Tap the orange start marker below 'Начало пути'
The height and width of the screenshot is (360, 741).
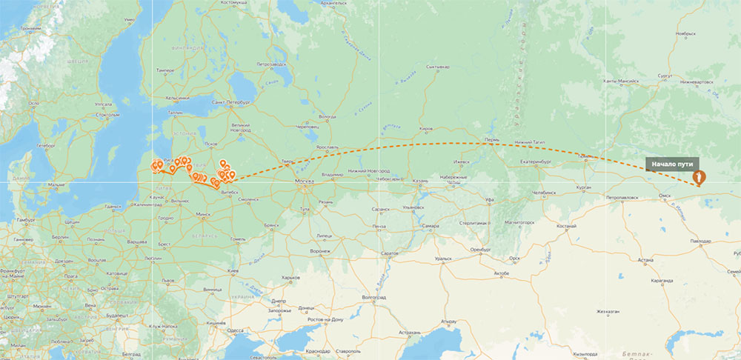tap(698, 179)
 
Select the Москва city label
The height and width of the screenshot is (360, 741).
tap(304, 181)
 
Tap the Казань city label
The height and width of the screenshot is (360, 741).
tap(420, 180)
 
